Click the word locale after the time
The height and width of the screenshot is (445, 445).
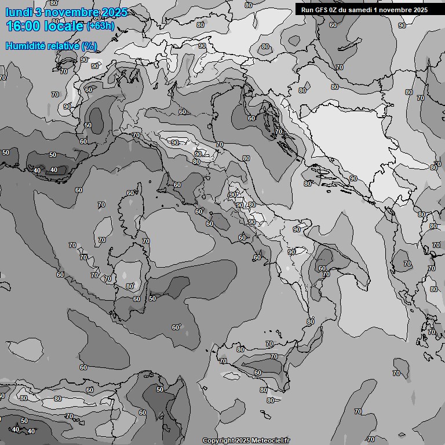64,26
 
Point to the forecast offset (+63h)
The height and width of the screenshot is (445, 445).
100,26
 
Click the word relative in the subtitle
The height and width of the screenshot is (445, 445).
64,46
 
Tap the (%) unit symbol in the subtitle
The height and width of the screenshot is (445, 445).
89,46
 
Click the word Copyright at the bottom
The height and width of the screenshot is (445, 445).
218,440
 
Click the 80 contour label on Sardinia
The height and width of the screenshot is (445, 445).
130,286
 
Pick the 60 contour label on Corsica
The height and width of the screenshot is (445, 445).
131,193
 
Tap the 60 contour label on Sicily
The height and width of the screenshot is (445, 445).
258,373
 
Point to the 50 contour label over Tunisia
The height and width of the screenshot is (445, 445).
160,389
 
